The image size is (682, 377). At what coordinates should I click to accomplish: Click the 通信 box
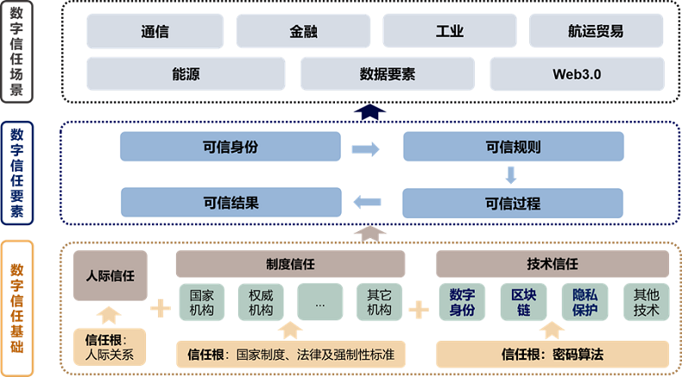(x=155, y=32)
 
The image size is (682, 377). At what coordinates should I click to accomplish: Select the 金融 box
(x=303, y=32)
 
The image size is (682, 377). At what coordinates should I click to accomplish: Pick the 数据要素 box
(x=388, y=74)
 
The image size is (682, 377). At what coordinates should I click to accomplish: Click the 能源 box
(x=186, y=74)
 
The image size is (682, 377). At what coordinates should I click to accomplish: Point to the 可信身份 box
(x=230, y=147)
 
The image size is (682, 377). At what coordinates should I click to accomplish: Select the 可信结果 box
(x=230, y=203)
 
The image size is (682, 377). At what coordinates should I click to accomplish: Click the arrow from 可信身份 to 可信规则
(x=366, y=149)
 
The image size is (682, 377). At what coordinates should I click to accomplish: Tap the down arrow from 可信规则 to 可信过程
(x=511, y=175)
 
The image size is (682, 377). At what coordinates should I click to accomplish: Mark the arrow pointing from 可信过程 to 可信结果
(x=367, y=203)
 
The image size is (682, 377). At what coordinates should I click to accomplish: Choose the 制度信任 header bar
(x=290, y=263)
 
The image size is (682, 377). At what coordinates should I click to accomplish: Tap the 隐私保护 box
(x=584, y=302)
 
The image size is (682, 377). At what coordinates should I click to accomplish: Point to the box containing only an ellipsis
(x=320, y=302)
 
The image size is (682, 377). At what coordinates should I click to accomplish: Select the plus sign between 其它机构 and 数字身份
(x=419, y=309)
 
